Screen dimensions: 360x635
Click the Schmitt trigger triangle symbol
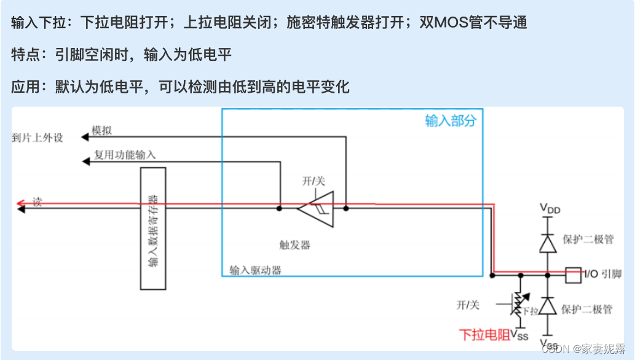pos(317,209)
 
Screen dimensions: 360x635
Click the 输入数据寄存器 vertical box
pos(153,228)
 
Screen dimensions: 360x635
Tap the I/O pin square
pos(572,275)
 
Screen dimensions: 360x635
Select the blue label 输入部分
pos(450,120)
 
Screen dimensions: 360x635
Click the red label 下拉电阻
pos(484,335)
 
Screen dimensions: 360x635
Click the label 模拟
pos(102,130)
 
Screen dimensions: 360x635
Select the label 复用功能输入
pos(125,155)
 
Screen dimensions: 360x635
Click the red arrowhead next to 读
pos(21,203)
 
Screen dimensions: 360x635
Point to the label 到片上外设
pos(37,137)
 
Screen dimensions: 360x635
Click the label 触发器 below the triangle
pos(295,245)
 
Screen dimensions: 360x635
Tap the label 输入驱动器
pos(256,270)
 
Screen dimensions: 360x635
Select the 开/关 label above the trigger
pos(313,181)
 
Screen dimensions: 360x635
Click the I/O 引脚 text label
pos(602,275)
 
